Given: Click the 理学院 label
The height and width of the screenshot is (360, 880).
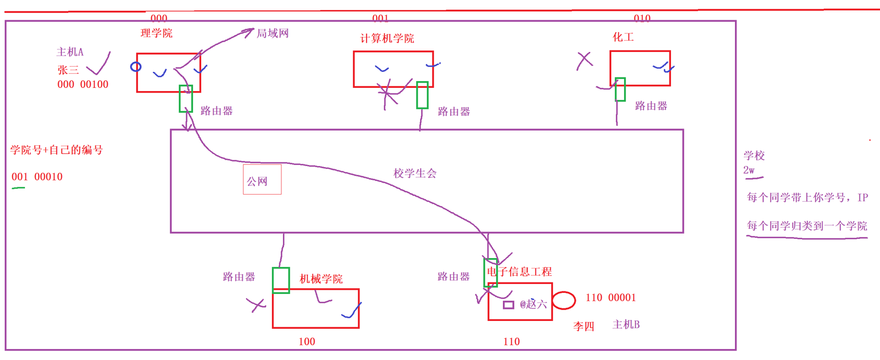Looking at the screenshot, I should [157, 33].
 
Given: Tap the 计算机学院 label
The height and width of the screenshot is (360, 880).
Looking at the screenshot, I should [387, 38].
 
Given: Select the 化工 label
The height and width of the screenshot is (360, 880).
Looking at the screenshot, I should [623, 37].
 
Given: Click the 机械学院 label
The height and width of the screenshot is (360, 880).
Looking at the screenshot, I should [321, 279].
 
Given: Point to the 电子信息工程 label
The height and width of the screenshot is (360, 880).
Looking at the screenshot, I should [519, 272].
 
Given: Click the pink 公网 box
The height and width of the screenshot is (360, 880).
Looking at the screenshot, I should [262, 179].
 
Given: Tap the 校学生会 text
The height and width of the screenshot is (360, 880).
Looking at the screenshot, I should [415, 173].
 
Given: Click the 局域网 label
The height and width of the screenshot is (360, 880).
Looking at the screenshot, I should [273, 34].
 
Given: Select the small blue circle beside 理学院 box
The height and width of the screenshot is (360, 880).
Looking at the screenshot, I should [136, 67].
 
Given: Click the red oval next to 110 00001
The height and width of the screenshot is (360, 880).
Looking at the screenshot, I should [564, 300].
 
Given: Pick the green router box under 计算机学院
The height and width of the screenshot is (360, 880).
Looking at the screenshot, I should [422, 95].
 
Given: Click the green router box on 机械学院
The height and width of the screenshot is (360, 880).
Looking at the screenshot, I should [281, 280].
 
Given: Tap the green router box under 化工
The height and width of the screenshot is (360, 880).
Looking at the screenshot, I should [620, 89].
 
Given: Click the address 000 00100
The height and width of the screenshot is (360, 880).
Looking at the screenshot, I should [83, 84].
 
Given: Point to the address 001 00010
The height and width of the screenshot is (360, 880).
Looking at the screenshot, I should [37, 177].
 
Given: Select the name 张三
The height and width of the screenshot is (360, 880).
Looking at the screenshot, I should [68, 70].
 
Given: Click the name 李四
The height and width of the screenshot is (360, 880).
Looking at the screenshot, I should [584, 326].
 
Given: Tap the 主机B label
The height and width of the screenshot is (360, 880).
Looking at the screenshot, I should [626, 325].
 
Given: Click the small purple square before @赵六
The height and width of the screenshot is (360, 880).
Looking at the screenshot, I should [508, 305].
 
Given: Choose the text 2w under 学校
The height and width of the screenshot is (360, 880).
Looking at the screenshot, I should [748, 170].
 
